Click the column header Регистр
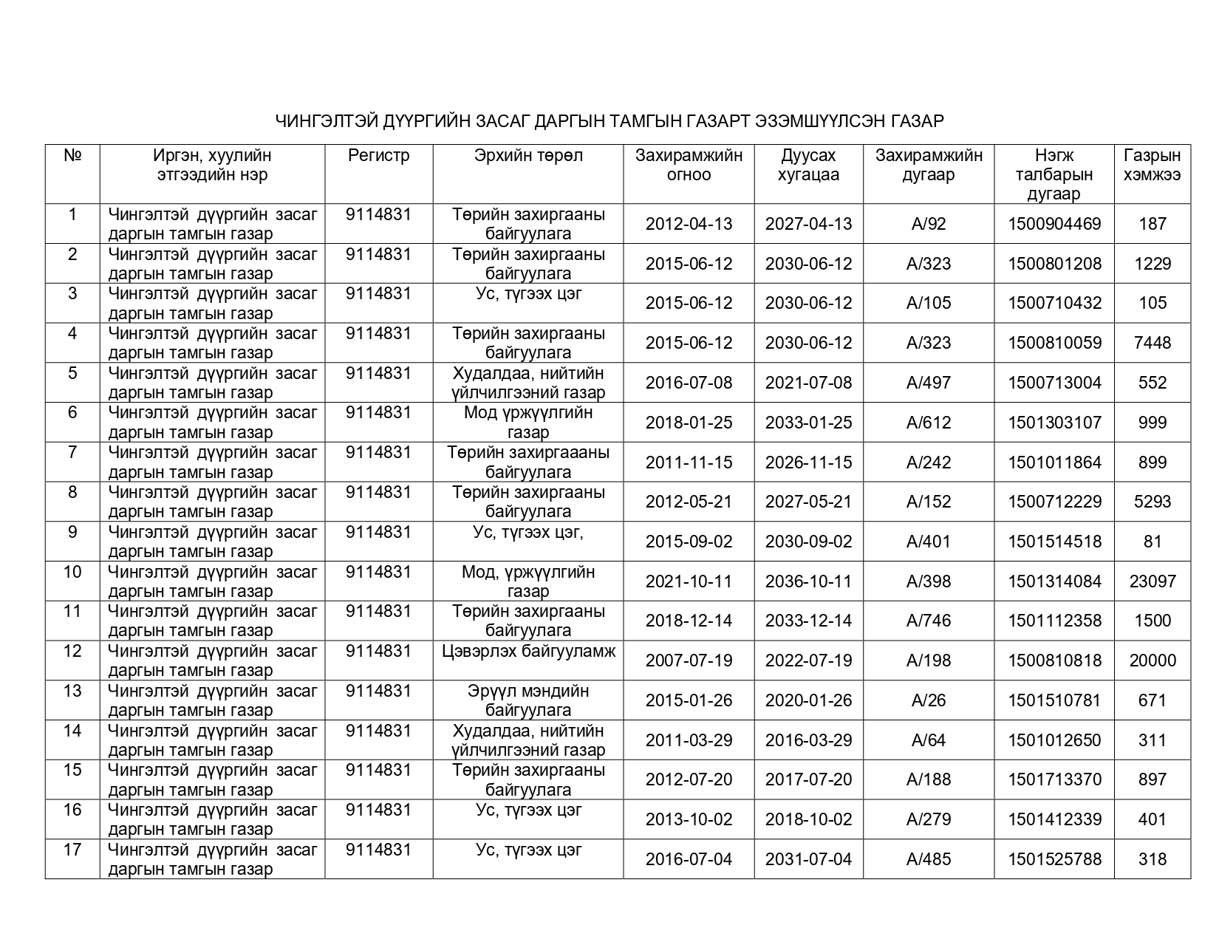(x=378, y=156)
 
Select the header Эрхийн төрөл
(x=528, y=156)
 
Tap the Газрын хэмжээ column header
(x=1152, y=165)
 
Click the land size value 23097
(x=1153, y=581)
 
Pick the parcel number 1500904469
(x=1054, y=224)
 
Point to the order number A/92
(x=929, y=224)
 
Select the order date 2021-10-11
(x=689, y=581)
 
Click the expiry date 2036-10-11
(x=808, y=581)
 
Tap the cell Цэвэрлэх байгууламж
(x=528, y=652)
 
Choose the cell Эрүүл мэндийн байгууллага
(x=528, y=700)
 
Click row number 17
(x=72, y=850)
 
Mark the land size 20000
(x=1153, y=661)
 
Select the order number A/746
(x=929, y=621)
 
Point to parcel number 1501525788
(x=1054, y=859)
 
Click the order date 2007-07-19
(x=689, y=661)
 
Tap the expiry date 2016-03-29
(x=808, y=740)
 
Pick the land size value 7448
(x=1153, y=343)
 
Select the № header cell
(x=72, y=156)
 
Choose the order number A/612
(x=929, y=423)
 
